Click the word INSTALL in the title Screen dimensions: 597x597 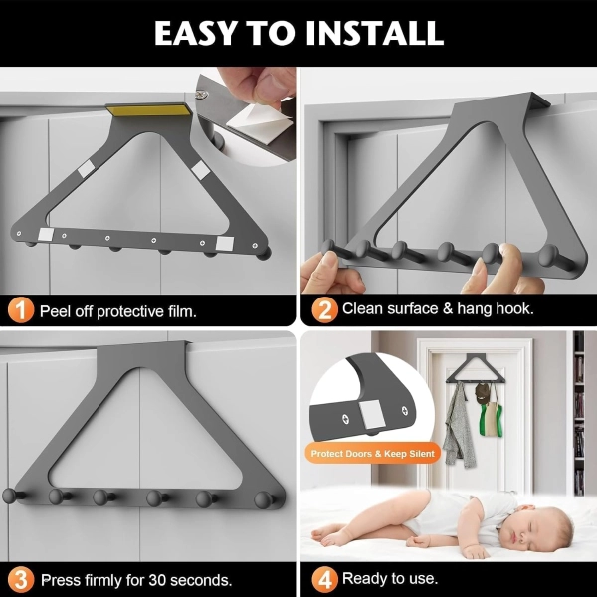tap(375, 33)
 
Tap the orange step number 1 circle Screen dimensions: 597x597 tap(21, 310)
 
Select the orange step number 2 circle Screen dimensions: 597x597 tap(324, 309)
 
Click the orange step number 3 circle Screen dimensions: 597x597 tap(21, 580)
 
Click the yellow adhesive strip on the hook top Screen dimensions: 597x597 tap(150, 110)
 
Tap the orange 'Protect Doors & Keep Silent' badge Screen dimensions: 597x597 tap(372, 453)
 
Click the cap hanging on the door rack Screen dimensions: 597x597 tap(482, 392)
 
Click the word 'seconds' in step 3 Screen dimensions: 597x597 tap(201, 581)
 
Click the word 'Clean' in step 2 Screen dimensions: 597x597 tap(363, 308)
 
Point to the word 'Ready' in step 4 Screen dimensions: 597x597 tap(365, 579)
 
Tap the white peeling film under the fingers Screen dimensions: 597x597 tap(259, 121)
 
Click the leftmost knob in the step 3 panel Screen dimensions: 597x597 tap(11, 496)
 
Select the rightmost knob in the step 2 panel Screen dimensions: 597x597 tap(551, 256)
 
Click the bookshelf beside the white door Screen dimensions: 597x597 tap(579, 413)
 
